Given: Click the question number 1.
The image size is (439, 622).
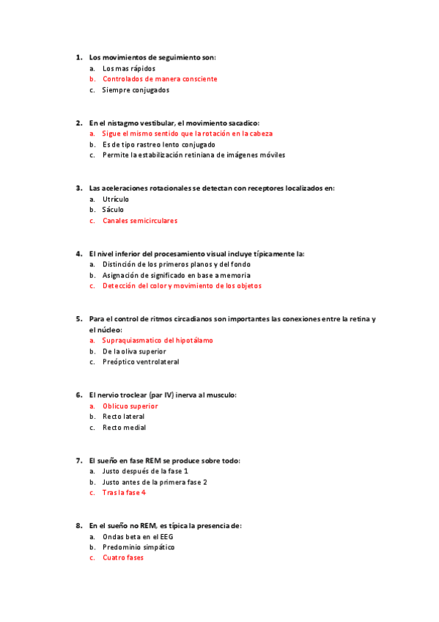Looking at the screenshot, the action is (78, 57).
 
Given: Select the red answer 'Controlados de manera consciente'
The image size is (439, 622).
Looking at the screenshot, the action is (160, 78).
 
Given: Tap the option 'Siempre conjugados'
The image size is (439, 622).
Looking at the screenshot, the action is (136, 90).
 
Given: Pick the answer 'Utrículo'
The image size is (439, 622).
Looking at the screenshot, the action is (116, 199).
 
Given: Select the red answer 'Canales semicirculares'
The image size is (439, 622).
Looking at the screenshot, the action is (140, 221).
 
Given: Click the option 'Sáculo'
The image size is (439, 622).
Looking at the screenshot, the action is (113, 210).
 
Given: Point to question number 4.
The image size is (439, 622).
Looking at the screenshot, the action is (78, 254).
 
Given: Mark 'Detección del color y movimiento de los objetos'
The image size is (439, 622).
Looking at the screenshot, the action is (182, 286).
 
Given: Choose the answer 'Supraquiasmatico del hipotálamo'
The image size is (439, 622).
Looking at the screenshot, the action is (158, 340).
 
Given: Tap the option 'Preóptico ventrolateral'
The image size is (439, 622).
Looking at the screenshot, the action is (141, 362).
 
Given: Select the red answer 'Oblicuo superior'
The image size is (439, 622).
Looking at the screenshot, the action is (130, 406).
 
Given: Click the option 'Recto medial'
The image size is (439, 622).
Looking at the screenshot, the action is (124, 428).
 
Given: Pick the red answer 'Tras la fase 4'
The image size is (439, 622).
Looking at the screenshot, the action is (124, 493).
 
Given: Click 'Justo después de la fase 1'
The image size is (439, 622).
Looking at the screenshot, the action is (145, 471).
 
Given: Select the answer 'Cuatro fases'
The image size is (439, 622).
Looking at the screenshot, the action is (123, 557).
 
